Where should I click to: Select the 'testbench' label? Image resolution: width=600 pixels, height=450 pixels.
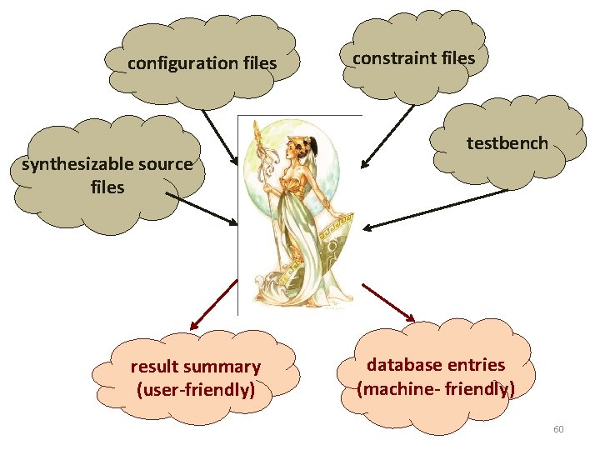point(507,143)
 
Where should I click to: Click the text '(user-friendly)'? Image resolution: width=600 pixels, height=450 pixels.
point(196,388)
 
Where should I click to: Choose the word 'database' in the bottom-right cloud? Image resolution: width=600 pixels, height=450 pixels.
point(404,365)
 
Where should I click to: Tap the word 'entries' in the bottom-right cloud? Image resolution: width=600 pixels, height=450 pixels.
point(476,365)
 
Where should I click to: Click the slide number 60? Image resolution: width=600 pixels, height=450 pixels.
point(558,429)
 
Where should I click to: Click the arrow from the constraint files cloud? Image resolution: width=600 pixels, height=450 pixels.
point(387,135)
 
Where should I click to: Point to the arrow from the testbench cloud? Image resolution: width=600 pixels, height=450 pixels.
point(437,209)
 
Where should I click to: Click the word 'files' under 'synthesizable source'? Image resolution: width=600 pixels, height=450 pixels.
point(107,187)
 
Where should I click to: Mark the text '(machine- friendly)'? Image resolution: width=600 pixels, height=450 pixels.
point(436,388)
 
